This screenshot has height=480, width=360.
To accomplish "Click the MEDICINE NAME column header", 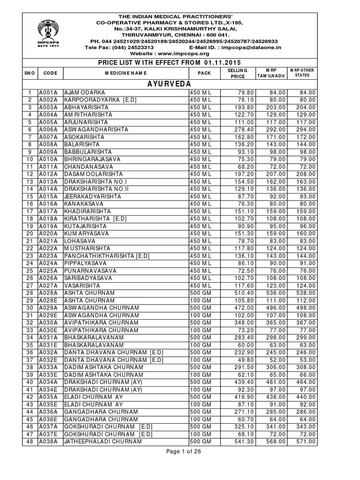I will pos(125,73).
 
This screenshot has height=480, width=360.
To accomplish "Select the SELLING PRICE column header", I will pos(236,73).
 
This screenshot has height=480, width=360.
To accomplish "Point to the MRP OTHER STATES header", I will pos(301,73).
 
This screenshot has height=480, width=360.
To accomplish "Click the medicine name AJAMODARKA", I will pos(85,92).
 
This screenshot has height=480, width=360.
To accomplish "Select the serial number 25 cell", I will pos(29,270).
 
